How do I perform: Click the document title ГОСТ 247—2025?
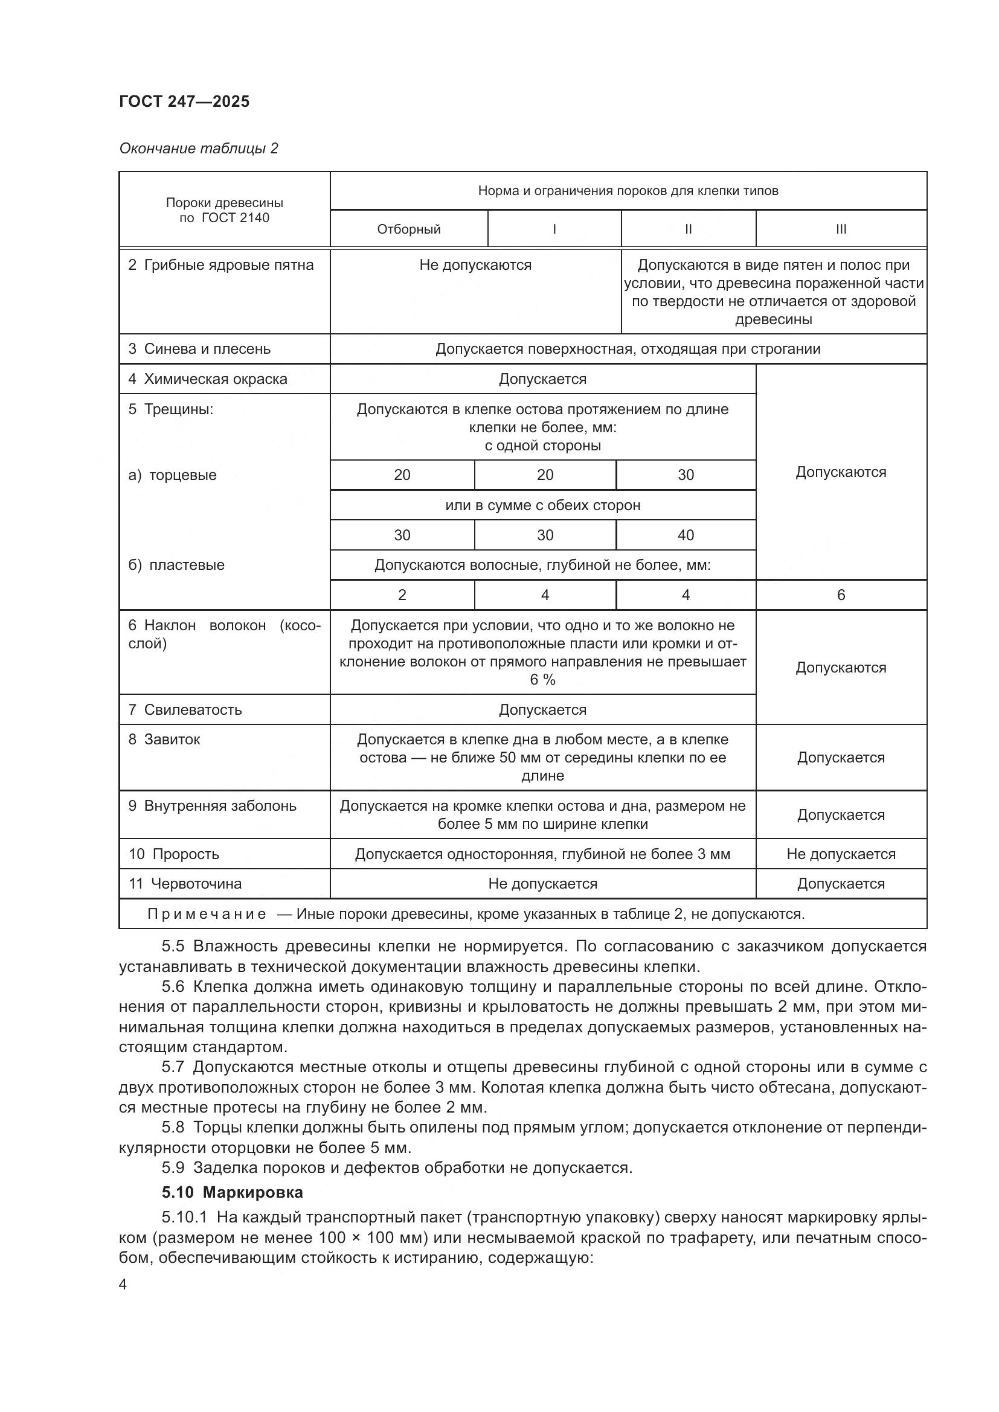(184, 101)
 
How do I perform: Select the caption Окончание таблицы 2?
(198, 149)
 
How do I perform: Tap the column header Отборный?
(408, 229)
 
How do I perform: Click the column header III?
(840, 229)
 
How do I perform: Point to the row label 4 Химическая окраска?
(207, 379)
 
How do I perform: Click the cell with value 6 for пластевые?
(840, 595)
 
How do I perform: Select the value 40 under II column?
(686, 535)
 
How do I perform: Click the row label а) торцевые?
(172, 474)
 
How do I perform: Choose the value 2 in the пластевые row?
(402, 595)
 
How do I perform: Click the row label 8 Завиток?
(164, 740)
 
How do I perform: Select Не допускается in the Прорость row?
(840, 854)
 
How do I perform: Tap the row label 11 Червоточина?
(185, 884)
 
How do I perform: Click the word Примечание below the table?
(206, 914)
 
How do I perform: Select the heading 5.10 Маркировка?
(232, 1192)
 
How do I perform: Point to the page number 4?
(123, 1285)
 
